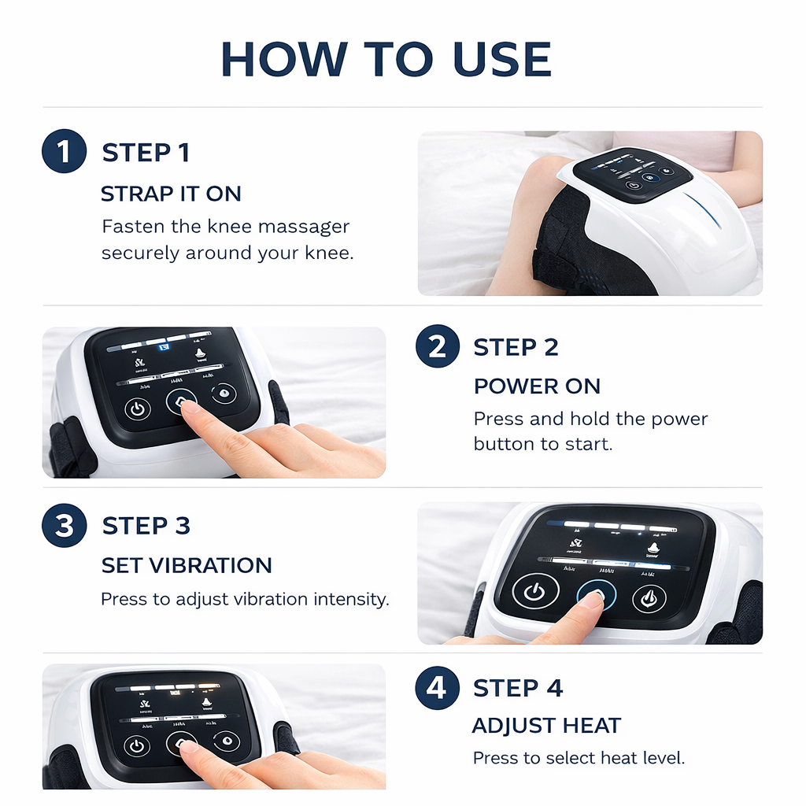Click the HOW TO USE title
[386, 58]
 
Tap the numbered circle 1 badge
[63, 151]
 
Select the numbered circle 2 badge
[437, 346]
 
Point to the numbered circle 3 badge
[63, 525]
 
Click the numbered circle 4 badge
[437, 687]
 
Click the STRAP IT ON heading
[171, 194]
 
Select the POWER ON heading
[537, 386]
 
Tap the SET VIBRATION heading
[187, 565]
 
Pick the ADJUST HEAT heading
[546, 726]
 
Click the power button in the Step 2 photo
[138, 409]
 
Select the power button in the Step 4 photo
[138, 745]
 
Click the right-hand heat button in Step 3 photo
[649, 598]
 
